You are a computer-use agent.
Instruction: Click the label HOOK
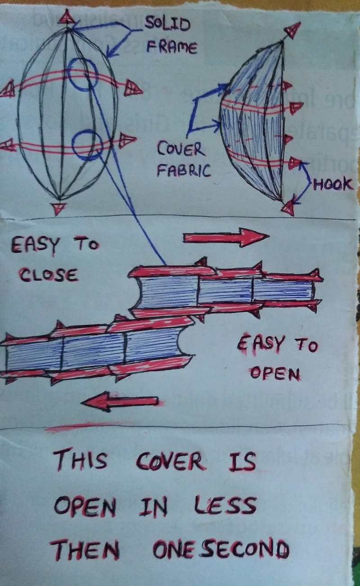333,185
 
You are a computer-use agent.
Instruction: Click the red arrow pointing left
120,400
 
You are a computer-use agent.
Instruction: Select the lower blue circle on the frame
87,145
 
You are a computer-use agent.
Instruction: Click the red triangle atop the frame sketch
67,17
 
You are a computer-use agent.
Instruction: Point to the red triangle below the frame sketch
58,208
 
